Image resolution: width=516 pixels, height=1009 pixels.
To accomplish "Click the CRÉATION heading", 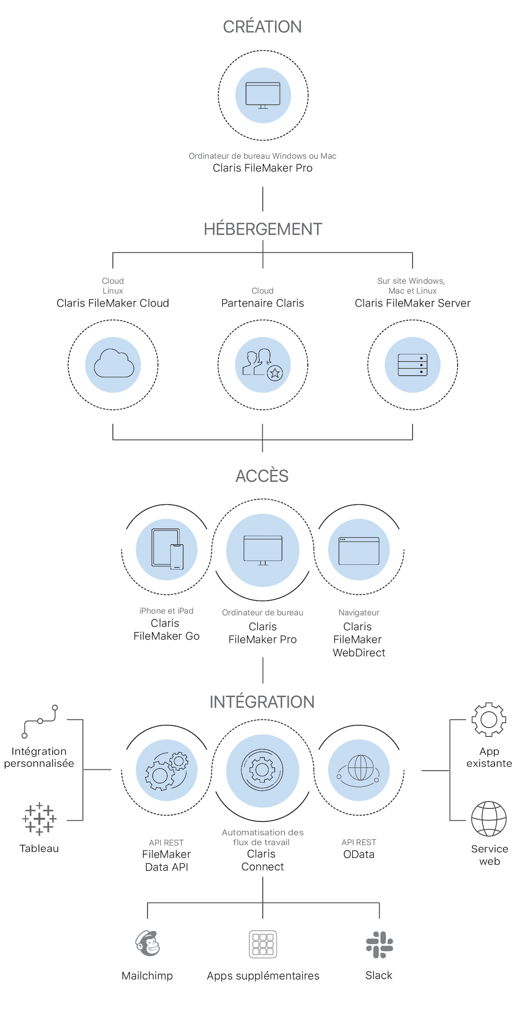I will pos(262,27).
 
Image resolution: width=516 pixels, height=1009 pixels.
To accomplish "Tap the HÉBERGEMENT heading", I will pos(262,229).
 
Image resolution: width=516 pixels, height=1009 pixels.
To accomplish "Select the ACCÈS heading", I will pos(262,476).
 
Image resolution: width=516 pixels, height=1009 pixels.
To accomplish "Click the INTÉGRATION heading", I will pos(262,702).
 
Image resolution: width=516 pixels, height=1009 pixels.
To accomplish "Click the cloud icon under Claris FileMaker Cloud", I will pos(113,364).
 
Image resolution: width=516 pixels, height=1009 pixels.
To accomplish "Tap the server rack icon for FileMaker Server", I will pos(412,365).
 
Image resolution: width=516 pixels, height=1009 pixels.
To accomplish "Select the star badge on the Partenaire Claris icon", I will pos(275,373).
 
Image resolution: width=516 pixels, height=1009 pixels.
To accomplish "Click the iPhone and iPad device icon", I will pos(167,549).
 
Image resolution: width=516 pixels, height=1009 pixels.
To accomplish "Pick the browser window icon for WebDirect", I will pos(359,551).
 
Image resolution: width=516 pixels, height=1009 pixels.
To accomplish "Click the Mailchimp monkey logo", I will pos(148,944).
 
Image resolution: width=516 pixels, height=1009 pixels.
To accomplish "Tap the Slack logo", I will pos(379,944).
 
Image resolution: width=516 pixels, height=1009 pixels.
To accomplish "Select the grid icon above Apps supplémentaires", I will pos(262,944).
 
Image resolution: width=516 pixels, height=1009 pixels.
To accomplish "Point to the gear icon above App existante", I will pos(489,720).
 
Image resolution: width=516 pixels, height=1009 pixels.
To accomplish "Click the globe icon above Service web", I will pos(489,819).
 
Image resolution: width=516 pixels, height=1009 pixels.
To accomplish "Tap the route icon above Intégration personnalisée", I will pos(39,721).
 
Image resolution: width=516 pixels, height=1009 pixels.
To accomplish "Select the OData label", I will pos(359,854).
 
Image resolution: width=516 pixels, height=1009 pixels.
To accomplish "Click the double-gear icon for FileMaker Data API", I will pos(167,771).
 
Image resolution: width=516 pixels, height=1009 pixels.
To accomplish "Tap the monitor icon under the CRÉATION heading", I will pos(262,95).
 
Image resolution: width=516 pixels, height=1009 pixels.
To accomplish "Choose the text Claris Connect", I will pos(262,860).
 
